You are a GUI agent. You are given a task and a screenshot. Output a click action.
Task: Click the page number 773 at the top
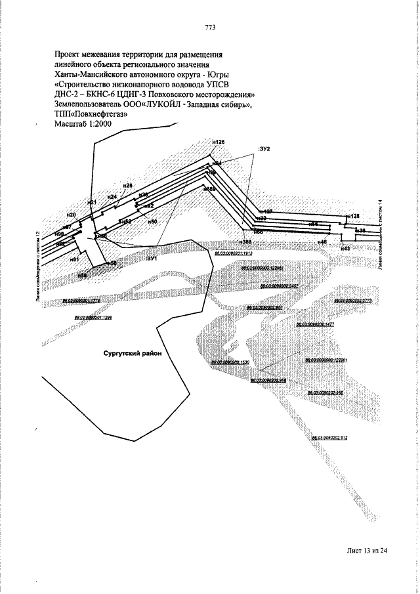tap(210, 28)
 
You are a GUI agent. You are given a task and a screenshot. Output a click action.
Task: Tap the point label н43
tap(346, 249)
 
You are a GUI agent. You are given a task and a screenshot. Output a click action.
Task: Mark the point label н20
tap(71, 215)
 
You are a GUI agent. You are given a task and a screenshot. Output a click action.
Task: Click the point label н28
tap(128, 186)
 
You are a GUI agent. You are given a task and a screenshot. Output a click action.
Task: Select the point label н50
tap(152, 222)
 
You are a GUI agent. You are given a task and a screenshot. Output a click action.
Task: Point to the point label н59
tap(82, 276)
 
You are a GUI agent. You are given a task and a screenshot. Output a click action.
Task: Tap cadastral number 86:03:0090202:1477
tap(316, 324)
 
